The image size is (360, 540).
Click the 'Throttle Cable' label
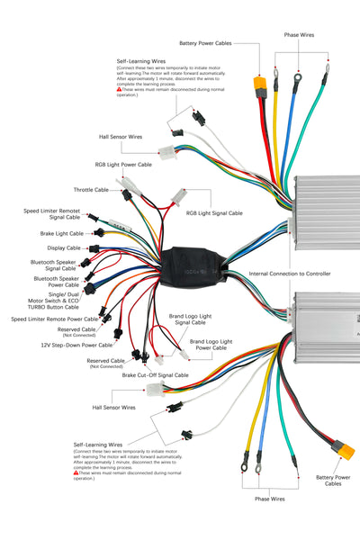click(x=91, y=190)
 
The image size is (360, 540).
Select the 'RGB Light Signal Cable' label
click(x=214, y=213)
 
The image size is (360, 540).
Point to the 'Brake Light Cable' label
click(x=59, y=232)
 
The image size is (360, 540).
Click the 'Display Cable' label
click(x=63, y=247)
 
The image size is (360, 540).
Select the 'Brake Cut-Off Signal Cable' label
click(x=155, y=374)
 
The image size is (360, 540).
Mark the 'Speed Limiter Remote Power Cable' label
click(x=54, y=319)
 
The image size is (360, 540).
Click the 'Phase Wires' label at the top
click(x=300, y=35)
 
